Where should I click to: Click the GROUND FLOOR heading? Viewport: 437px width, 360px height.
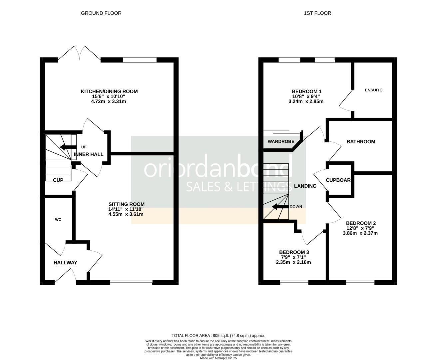tap(101, 13)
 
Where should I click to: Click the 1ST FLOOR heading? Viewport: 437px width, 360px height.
tap(317, 13)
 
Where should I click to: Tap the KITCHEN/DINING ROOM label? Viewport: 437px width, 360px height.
tap(109, 91)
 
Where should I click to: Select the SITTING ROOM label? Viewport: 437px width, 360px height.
tap(126, 204)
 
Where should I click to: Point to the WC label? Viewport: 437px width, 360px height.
tap(58, 220)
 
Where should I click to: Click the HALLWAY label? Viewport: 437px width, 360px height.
tap(65, 263)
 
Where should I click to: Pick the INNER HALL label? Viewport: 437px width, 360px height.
tap(89, 154)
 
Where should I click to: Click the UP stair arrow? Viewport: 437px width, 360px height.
tap(68, 147)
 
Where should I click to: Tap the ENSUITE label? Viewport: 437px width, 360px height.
tap(373, 90)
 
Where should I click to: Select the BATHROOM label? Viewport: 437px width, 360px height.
tap(361, 142)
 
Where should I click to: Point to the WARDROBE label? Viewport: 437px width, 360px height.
tap(281, 142)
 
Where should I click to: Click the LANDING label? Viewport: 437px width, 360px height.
tap(305, 186)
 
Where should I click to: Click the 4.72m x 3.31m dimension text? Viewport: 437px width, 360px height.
tap(109, 101)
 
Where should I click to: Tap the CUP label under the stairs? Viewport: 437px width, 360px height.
tap(58, 180)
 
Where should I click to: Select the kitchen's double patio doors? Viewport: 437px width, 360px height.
tap(79, 53)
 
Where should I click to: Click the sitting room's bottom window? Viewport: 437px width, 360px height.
tap(131, 283)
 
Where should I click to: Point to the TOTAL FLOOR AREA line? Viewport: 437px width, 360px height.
tap(218, 336)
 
